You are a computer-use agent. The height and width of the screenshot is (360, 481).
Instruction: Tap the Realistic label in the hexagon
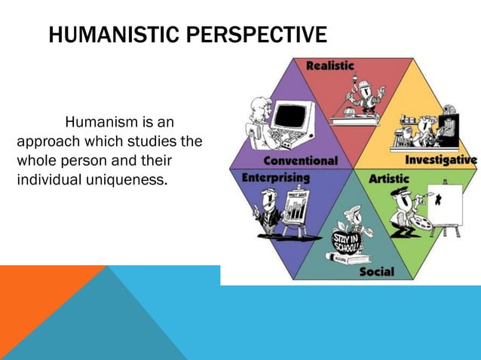point(329,66)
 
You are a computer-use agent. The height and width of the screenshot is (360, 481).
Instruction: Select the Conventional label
point(300,160)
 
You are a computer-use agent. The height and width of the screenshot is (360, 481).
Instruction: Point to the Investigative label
point(440,160)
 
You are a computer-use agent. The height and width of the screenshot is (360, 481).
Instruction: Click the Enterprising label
point(275,178)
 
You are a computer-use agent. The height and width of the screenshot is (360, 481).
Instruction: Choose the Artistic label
point(389,179)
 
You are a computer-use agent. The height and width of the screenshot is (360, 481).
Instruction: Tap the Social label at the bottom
point(376,271)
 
